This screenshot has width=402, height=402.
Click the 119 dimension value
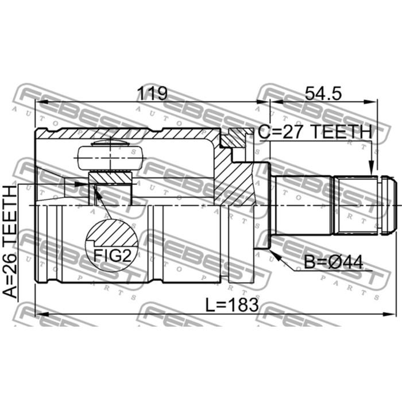click(152, 93)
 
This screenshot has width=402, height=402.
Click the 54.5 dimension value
click(323, 93)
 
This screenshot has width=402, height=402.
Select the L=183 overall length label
click(232, 305)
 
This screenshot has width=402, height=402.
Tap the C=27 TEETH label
click(315, 132)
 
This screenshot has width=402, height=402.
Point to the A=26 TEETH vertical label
click(10, 242)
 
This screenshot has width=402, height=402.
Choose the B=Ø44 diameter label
click(334, 262)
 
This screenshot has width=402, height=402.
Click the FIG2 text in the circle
click(112, 255)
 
